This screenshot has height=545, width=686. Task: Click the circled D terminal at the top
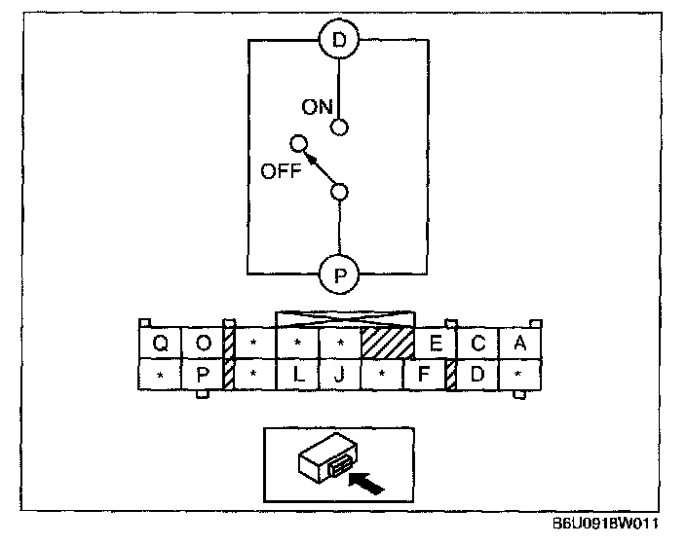click(339, 41)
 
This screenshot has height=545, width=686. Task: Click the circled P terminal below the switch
click(339, 274)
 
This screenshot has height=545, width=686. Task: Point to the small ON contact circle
click(339, 127)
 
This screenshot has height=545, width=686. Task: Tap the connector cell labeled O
click(204, 344)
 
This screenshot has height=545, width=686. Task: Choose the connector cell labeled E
click(436, 344)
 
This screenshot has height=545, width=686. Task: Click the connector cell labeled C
click(477, 344)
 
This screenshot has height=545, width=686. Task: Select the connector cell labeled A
click(519, 344)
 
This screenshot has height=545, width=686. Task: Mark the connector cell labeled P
click(204, 375)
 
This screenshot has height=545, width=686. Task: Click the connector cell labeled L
click(298, 375)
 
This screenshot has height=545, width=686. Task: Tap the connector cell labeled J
click(340, 375)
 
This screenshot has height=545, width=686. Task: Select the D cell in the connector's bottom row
click(477, 375)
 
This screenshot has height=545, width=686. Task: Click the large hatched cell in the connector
click(388, 344)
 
